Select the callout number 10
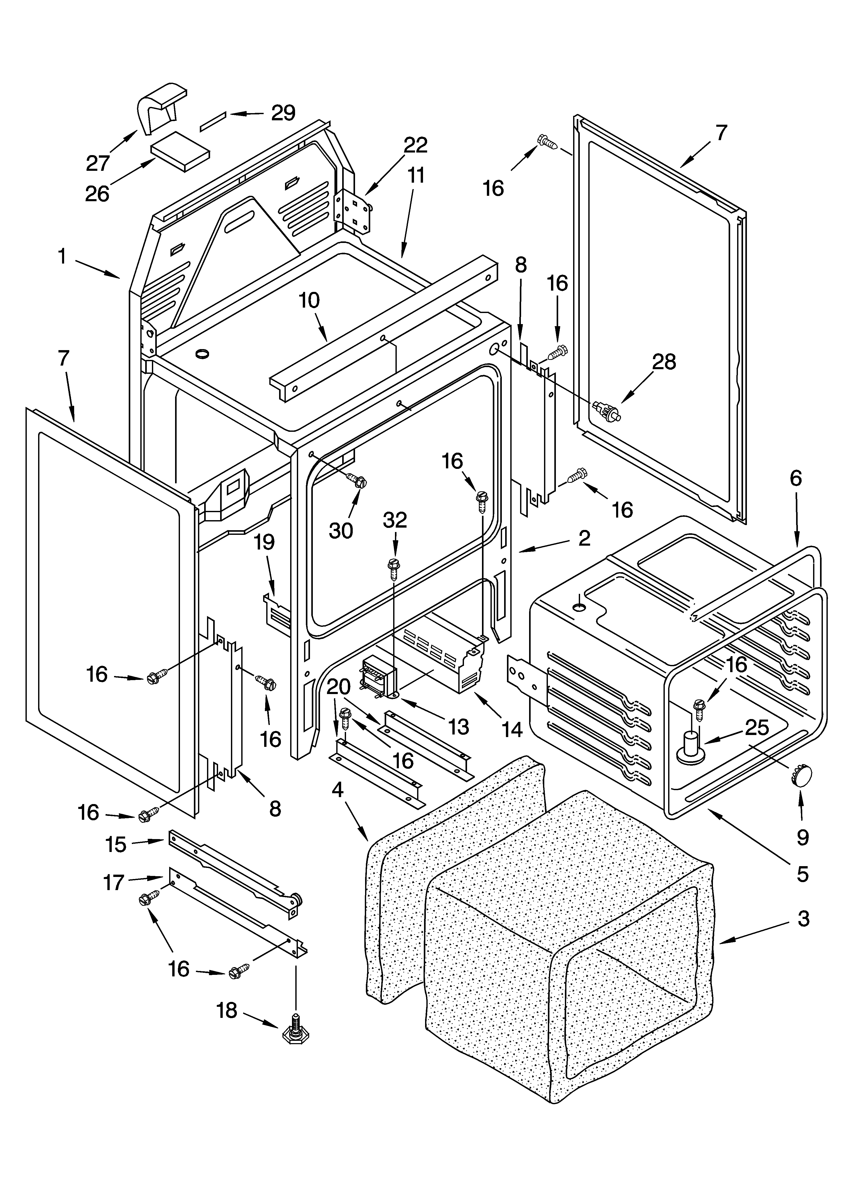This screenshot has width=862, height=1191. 309,300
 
